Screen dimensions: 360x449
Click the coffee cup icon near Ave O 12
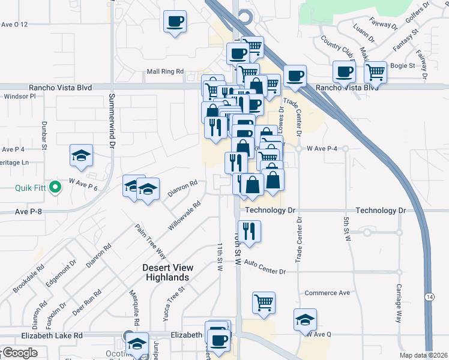(x=175, y=22)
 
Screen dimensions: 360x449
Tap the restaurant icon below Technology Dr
(x=249, y=231)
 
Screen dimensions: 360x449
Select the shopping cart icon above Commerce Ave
(x=264, y=303)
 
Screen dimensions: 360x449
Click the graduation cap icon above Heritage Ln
(x=81, y=156)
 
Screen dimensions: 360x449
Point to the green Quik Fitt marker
(x=55, y=188)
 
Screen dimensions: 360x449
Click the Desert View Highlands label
(x=166, y=272)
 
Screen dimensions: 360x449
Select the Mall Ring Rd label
(x=165, y=71)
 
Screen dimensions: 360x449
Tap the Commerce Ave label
(x=327, y=293)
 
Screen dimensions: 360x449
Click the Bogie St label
(x=403, y=65)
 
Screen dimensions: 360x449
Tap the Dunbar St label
(x=44, y=131)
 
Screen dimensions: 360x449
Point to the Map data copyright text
(x=423, y=355)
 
